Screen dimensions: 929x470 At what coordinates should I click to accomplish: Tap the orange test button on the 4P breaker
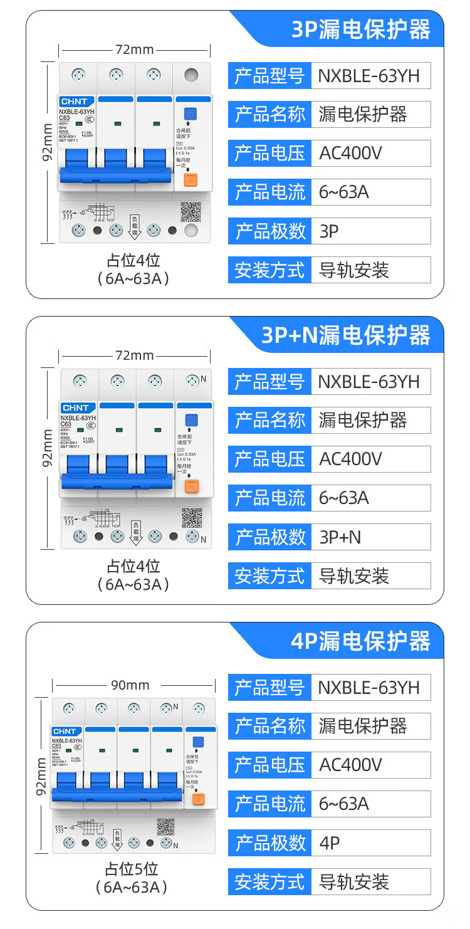point(199,799)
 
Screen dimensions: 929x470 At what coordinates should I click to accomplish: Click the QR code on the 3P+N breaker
point(191,517)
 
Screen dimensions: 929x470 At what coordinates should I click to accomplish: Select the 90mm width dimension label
point(130,685)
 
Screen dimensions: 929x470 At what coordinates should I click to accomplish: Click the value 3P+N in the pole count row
point(340,537)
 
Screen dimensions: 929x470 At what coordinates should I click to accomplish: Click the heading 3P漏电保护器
point(361,29)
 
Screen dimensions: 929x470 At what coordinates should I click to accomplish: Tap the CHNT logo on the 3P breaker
point(74,101)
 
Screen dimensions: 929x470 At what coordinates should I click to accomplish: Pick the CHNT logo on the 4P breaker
point(65,732)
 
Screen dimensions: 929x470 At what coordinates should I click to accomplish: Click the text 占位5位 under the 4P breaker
point(132,869)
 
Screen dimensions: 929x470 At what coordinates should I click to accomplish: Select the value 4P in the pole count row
point(330,843)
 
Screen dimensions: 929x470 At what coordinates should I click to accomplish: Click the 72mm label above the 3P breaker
point(134,50)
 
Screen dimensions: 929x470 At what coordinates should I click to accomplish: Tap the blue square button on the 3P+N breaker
point(192,420)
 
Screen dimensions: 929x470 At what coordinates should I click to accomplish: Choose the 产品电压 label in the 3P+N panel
point(269,459)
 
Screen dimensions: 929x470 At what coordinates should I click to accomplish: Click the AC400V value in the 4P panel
point(350,765)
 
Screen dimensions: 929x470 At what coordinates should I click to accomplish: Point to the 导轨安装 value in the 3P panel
point(354,270)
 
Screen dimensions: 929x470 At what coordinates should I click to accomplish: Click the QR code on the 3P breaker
point(191,211)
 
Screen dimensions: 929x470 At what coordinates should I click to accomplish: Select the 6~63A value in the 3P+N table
point(344,498)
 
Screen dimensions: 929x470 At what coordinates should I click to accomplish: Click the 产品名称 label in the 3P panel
point(269,115)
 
